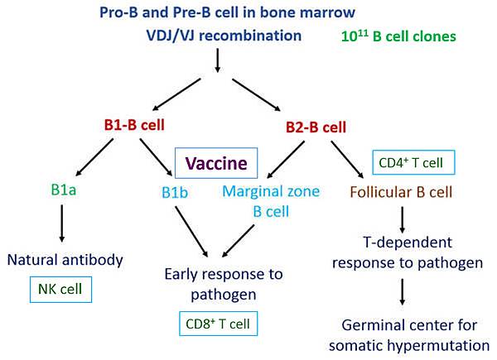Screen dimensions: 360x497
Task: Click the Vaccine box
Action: (216, 164)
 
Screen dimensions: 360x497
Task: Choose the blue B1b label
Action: (176, 197)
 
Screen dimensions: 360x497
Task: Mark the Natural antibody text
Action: (65, 260)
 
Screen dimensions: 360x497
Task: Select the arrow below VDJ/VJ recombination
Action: (216, 61)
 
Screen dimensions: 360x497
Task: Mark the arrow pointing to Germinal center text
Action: (401, 292)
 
